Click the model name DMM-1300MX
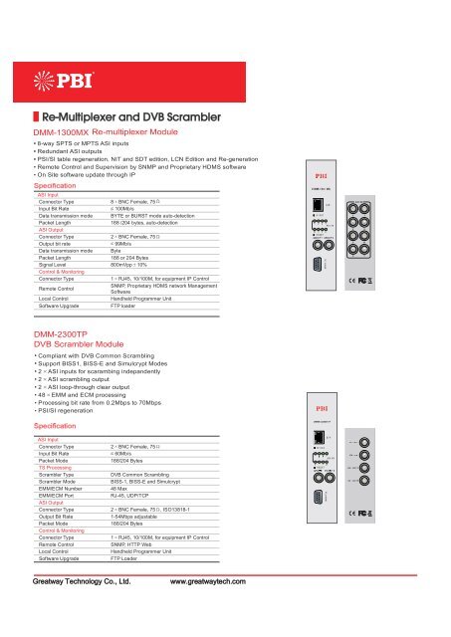point(62,131)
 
